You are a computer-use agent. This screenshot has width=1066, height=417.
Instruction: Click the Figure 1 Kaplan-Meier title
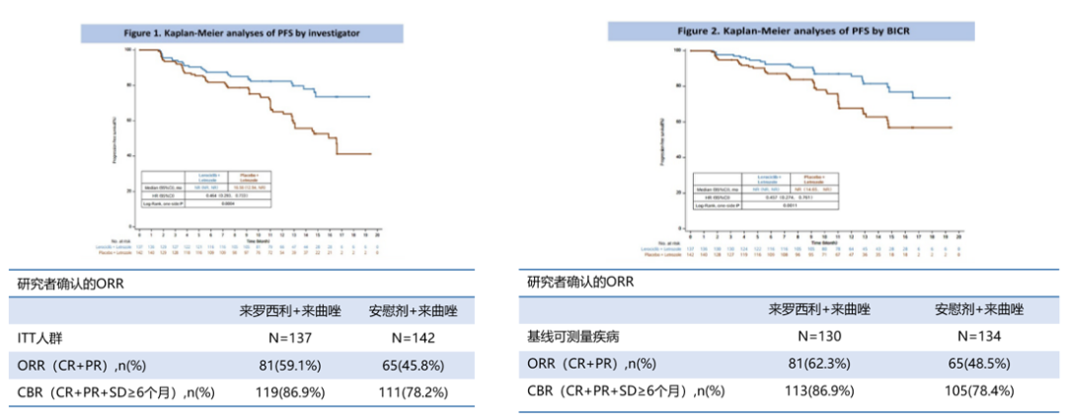241,33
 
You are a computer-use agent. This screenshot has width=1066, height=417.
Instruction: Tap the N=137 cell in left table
277,337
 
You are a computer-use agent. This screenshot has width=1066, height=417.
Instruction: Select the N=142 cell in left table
408,337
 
